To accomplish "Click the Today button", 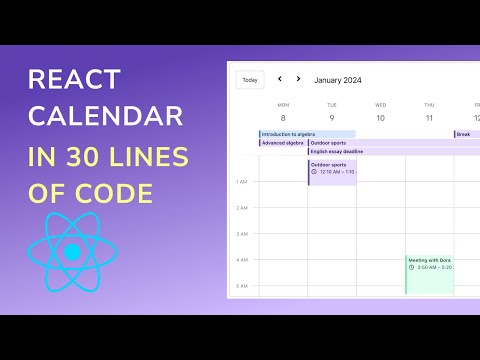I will (x=249, y=80).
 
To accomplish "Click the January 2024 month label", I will (x=337, y=79).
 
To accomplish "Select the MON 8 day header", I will (x=283, y=112).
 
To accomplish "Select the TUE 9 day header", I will (x=332, y=112).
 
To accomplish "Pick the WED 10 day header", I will (x=380, y=112).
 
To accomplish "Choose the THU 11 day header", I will (x=429, y=112).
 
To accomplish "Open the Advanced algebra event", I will (x=282, y=143).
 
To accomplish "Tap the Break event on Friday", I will (x=467, y=134).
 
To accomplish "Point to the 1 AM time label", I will (x=241, y=182).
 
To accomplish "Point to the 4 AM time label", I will (x=241, y=260).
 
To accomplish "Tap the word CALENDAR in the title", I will (x=106, y=116).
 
